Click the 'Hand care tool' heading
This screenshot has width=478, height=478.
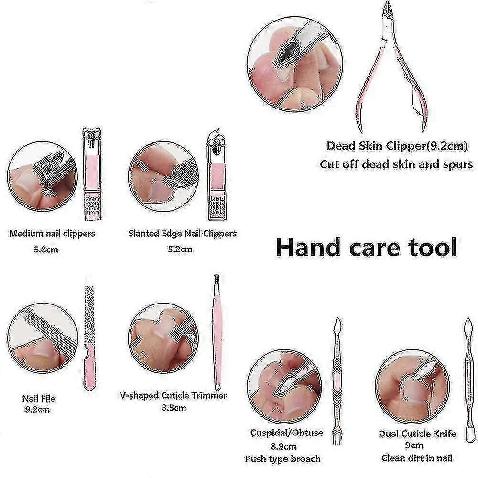pyautogui.click(x=366, y=247)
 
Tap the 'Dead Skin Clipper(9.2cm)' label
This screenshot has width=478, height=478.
pyautogui.click(x=397, y=146)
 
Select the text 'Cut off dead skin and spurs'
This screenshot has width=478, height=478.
pyautogui.click(x=396, y=164)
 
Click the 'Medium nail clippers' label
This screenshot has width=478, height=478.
pyautogui.click(x=52, y=234)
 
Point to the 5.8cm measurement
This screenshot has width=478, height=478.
pyautogui.click(x=46, y=250)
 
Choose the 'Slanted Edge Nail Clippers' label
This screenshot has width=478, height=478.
pyautogui.click(x=182, y=234)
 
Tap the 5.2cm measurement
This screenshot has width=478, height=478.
pyautogui.click(x=180, y=250)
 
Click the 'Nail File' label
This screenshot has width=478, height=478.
pyautogui.click(x=39, y=399)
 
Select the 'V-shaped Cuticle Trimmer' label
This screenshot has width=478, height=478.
pyautogui.click(x=174, y=395)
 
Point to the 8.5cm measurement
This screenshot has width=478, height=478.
pyautogui.click(x=174, y=408)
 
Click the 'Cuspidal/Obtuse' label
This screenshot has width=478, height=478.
pyautogui.click(x=286, y=433)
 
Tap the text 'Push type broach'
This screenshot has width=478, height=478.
pyautogui.click(x=282, y=459)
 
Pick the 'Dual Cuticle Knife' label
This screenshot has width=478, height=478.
pyautogui.click(x=417, y=434)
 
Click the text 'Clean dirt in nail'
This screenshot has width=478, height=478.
pyautogui.click(x=417, y=458)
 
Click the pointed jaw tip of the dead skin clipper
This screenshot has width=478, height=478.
pyautogui.click(x=387, y=3)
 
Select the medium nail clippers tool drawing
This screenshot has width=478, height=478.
pyautogui.click(x=92, y=174)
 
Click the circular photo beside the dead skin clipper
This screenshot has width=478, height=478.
pyautogui.click(x=295, y=65)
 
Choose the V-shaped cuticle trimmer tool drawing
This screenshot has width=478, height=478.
pyautogui.click(x=217, y=332)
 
